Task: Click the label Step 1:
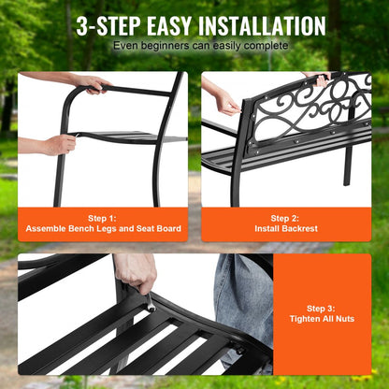[103, 216]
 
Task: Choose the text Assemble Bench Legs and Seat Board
[103, 228]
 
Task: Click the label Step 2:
[285, 216]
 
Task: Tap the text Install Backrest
[285, 228]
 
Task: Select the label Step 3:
[326, 308]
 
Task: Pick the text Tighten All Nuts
[326, 320]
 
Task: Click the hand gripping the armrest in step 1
[94, 84]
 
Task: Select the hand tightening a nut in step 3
[137, 274]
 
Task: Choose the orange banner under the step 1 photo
[103, 223]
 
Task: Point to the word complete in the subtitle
[259, 45]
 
